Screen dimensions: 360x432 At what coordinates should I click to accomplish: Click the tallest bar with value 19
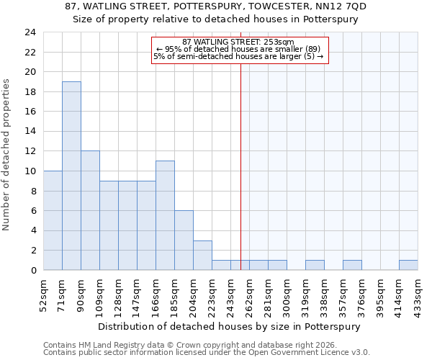pyautogui.click(x=71, y=176)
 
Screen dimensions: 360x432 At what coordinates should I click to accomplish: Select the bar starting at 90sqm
pyautogui.click(x=90, y=210)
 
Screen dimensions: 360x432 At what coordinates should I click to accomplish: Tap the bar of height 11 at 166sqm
pyautogui.click(x=165, y=215)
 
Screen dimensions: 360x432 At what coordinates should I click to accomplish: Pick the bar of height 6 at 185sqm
pyautogui.click(x=184, y=240)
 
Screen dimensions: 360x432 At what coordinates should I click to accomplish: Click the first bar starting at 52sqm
pyautogui.click(x=53, y=220)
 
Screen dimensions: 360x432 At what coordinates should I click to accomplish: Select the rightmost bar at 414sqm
pyautogui.click(x=408, y=265)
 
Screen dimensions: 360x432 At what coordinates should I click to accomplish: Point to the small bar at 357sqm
pyautogui.click(x=352, y=265)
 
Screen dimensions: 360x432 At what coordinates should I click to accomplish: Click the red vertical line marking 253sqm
pyautogui.click(x=240, y=158)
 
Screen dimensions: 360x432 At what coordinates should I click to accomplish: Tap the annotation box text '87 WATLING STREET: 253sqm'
pyautogui.click(x=240, y=42)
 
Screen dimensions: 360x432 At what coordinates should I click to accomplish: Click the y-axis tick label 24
pyautogui.click(x=30, y=32)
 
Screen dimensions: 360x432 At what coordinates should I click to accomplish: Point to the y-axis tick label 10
pyautogui.click(x=30, y=171)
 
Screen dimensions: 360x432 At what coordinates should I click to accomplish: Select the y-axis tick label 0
pyautogui.click(x=33, y=271)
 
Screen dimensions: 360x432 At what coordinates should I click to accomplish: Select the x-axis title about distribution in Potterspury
pyautogui.click(x=228, y=326)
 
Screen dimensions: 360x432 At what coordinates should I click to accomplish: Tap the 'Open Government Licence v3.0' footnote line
pyautogui.click(x=207, y=353)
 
